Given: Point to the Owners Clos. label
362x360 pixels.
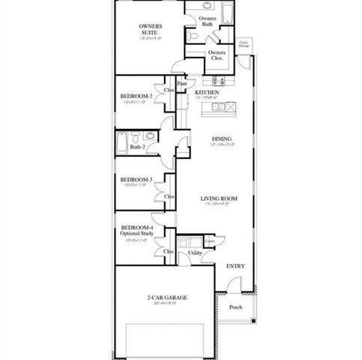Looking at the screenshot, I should click(217, 56).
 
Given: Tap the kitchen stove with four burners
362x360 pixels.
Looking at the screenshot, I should click(218, 81).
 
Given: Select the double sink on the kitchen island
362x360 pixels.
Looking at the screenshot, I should click(220, 107).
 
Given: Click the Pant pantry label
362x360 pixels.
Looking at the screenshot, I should click(181, 85).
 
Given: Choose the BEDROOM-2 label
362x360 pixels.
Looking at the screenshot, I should click(136, 97).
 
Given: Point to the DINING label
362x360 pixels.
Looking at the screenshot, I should click(221, 139).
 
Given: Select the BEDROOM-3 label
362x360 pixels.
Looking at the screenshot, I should click(136, 180).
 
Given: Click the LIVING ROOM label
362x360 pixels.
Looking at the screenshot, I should click(219, 199).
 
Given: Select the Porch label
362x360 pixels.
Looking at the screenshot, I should click(235, 307).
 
